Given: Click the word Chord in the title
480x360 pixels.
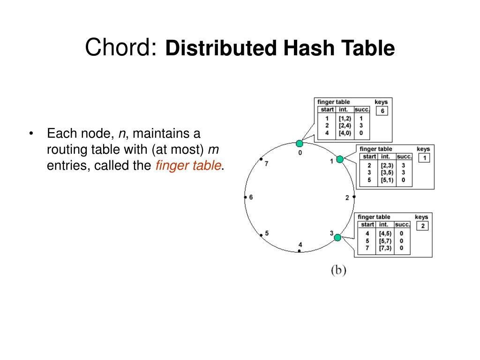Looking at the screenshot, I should [120, 47].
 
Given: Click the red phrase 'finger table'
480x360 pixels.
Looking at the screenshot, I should [187, 165].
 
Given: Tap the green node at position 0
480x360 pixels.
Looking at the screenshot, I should [300, 143].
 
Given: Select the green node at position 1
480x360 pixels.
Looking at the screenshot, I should [340, 159].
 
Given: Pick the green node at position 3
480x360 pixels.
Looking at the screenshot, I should [337, 238].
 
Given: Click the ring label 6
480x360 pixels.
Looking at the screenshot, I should [251, 197].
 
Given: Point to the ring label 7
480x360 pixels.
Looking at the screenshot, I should [266, 164].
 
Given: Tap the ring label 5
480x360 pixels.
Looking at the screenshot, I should [267, 233].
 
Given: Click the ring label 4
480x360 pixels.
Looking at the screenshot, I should [300, 245].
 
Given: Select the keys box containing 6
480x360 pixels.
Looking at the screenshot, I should [382, 111].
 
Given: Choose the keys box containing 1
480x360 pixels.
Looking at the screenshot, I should [424, 158].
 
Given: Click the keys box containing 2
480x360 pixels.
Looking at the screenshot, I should [422, 226].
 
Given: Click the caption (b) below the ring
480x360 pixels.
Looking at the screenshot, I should [338, 270].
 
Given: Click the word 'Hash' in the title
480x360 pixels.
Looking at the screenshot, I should [310, 48].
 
